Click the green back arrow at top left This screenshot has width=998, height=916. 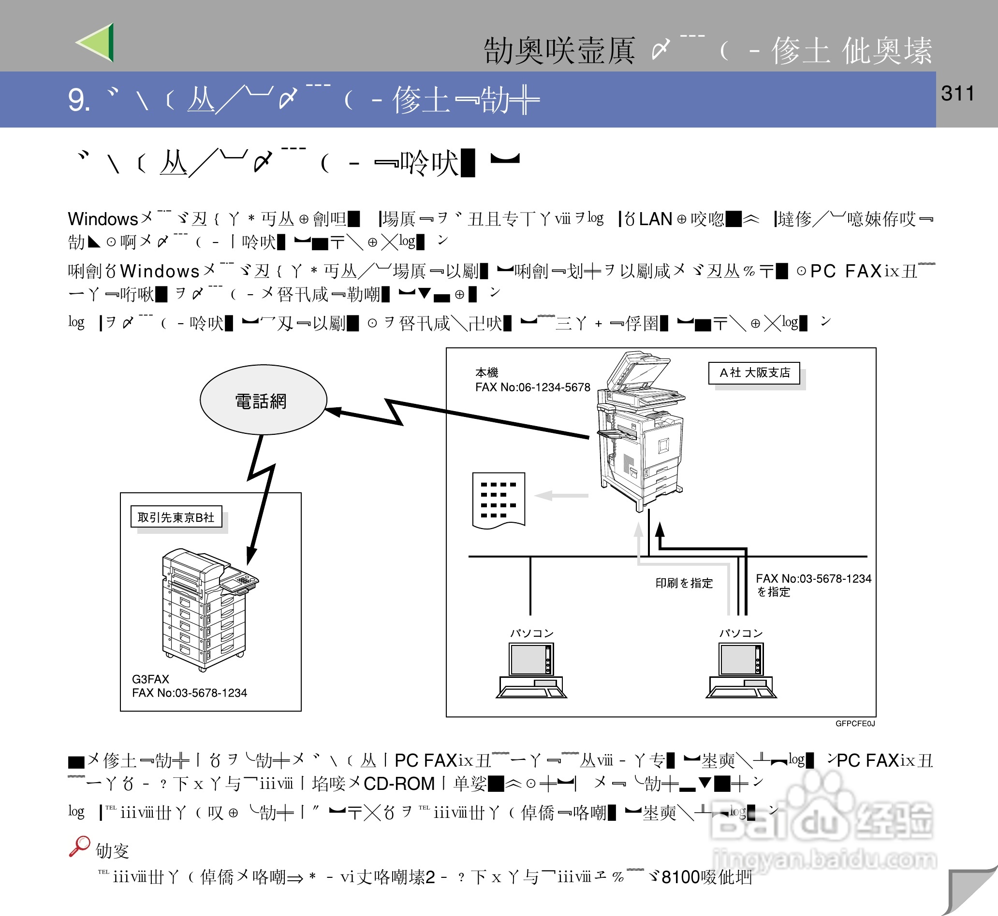97,43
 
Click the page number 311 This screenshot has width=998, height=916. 957,93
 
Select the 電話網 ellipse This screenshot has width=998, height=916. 263,400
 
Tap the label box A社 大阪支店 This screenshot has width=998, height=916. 754,373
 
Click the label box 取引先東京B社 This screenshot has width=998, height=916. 176,517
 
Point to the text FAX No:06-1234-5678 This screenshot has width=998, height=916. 532,387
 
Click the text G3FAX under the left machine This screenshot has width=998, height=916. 150,679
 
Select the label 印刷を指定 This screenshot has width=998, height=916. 684,583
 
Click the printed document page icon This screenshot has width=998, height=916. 499,500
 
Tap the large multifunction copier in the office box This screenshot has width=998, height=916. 640,431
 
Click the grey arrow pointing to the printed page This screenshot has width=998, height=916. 560,495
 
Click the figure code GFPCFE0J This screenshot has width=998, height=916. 855,723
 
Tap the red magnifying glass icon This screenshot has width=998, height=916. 79,846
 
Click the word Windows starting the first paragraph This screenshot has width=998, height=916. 103,218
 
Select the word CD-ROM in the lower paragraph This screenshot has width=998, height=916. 399,783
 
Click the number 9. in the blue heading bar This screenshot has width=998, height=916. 78,100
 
